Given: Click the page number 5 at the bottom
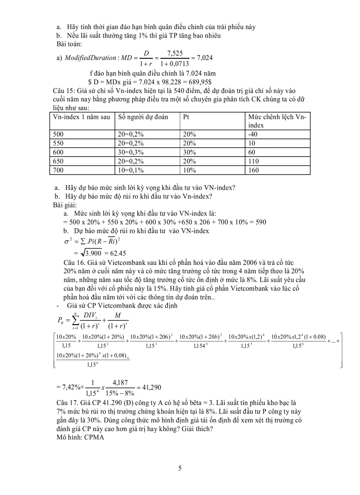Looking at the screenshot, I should (x=180, y=468).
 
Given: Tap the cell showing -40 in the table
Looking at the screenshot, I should (x=253, y=134).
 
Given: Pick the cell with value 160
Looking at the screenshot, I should (x=254, y=170).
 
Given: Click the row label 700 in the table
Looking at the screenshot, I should (x=59, y=170).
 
